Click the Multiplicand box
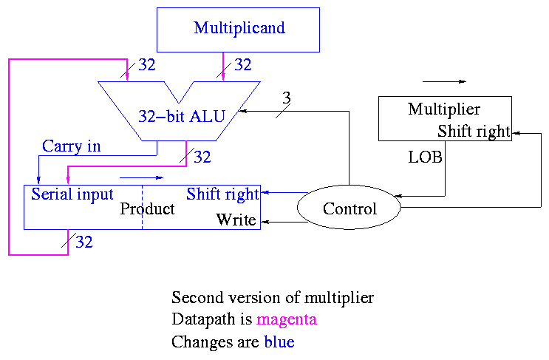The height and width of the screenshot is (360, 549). (x=239, y=29)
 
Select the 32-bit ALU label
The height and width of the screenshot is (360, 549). (x=181, y=116)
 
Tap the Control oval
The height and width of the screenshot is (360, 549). (x=349, y=209)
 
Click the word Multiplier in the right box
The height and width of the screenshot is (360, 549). (x=444, y=110)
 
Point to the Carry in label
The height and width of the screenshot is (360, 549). (x=71, y=146)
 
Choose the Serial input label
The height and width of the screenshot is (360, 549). (x=72, y=194)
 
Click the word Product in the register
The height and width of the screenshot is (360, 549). (x=148, y=209)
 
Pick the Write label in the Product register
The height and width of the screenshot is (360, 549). (x=236, y=220)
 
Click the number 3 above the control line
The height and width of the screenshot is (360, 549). (x=287, y=98)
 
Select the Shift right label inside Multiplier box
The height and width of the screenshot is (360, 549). (x=474, y=132)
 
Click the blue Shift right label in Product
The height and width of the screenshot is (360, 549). (x=222, y=194)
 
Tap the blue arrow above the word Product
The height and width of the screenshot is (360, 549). (x=140, y=178)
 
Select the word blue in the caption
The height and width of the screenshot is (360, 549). (x=279, y=343)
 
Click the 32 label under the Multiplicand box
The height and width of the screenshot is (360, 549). (x=243, y=65)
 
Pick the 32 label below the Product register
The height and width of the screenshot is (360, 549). (x=84, y=242)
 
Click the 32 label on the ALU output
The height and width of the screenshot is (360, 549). (x=202, y=157)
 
